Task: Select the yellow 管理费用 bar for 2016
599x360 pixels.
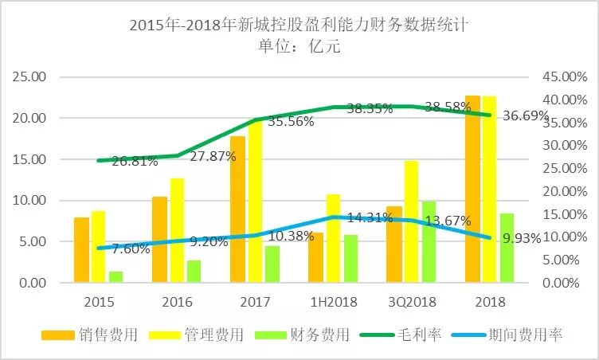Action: tap(177, 231)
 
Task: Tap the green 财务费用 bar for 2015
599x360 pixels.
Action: tap(116, 277)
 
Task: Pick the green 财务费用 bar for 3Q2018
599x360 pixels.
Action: tap(429, 242)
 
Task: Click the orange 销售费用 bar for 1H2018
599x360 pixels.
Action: tap(316, 258)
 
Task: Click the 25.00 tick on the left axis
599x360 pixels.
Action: tap(33, 77)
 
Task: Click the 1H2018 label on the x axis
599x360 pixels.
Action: tap(334, 303)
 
